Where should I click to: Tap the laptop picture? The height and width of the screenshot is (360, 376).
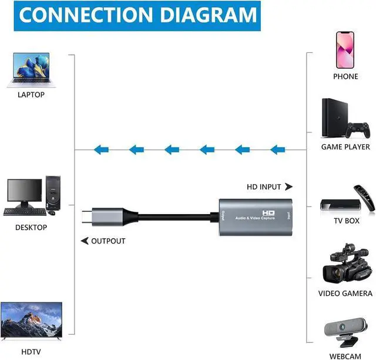click(29, 69)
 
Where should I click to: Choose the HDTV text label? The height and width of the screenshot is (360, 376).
click(31, 351)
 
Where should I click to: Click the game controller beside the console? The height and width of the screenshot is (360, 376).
click(358, 129)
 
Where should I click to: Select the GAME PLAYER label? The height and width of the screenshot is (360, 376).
click(345, 147)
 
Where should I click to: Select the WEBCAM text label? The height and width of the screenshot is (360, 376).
click(345, 356)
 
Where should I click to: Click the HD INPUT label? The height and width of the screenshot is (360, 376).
click(264, 187)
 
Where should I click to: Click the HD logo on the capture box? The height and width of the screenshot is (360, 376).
click(269, 213)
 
